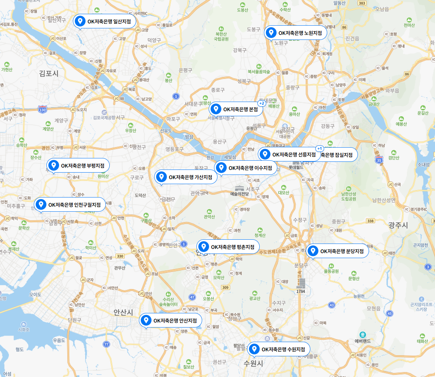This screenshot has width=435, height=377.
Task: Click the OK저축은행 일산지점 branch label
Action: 104,21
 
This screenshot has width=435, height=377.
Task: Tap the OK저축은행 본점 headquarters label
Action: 236,109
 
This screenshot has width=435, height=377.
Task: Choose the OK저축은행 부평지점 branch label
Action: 78,166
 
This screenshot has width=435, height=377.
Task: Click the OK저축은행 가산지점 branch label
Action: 186,177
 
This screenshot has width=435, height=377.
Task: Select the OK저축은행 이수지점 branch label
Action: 246,168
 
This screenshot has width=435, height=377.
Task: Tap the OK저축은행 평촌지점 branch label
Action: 228,247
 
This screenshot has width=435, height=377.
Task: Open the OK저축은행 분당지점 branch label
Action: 337,251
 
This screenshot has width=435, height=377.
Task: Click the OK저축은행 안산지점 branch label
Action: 170,320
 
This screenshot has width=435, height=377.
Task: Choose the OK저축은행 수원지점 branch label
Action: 278,349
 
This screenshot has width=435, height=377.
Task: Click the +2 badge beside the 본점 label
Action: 262,103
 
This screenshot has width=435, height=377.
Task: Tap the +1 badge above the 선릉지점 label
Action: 319,148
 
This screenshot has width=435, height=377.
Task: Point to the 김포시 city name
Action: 49,73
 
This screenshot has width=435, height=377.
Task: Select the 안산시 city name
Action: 123,312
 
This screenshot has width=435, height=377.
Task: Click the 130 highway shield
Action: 43,110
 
